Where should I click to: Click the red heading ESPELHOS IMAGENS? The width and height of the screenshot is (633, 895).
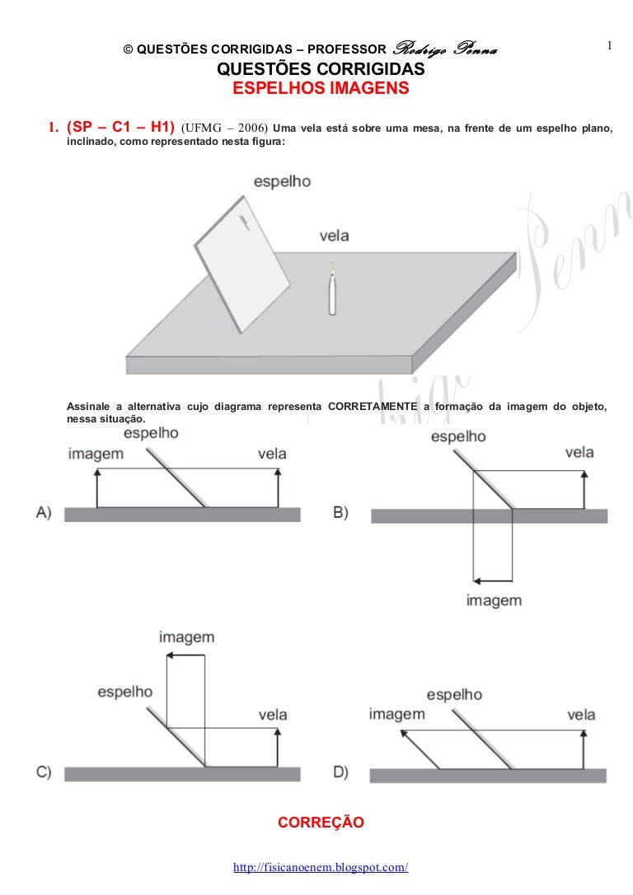(x=321, y=88)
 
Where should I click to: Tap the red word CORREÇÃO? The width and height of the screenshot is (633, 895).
(x=321, y=822)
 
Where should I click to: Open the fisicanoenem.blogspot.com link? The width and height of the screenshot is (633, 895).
(x=321, y=868)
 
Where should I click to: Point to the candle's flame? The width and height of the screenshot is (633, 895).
(x=332, y=266)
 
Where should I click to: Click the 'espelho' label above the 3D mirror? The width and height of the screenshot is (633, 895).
(x=282, y=181)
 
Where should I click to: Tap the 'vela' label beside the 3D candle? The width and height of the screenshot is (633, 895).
(x=334, y=235)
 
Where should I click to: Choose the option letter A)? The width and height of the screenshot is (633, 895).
(x=45, y=512)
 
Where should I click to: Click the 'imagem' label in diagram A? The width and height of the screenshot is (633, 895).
(x=96, y=454)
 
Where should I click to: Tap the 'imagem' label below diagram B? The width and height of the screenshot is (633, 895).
(x=494, y=600)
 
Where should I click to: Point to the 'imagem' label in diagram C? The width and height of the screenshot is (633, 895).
(x=186, y=636)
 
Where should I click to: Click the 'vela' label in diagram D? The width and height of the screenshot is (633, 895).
(x=581, y=715)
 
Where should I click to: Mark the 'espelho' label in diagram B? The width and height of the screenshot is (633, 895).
(x=458, y=436)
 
